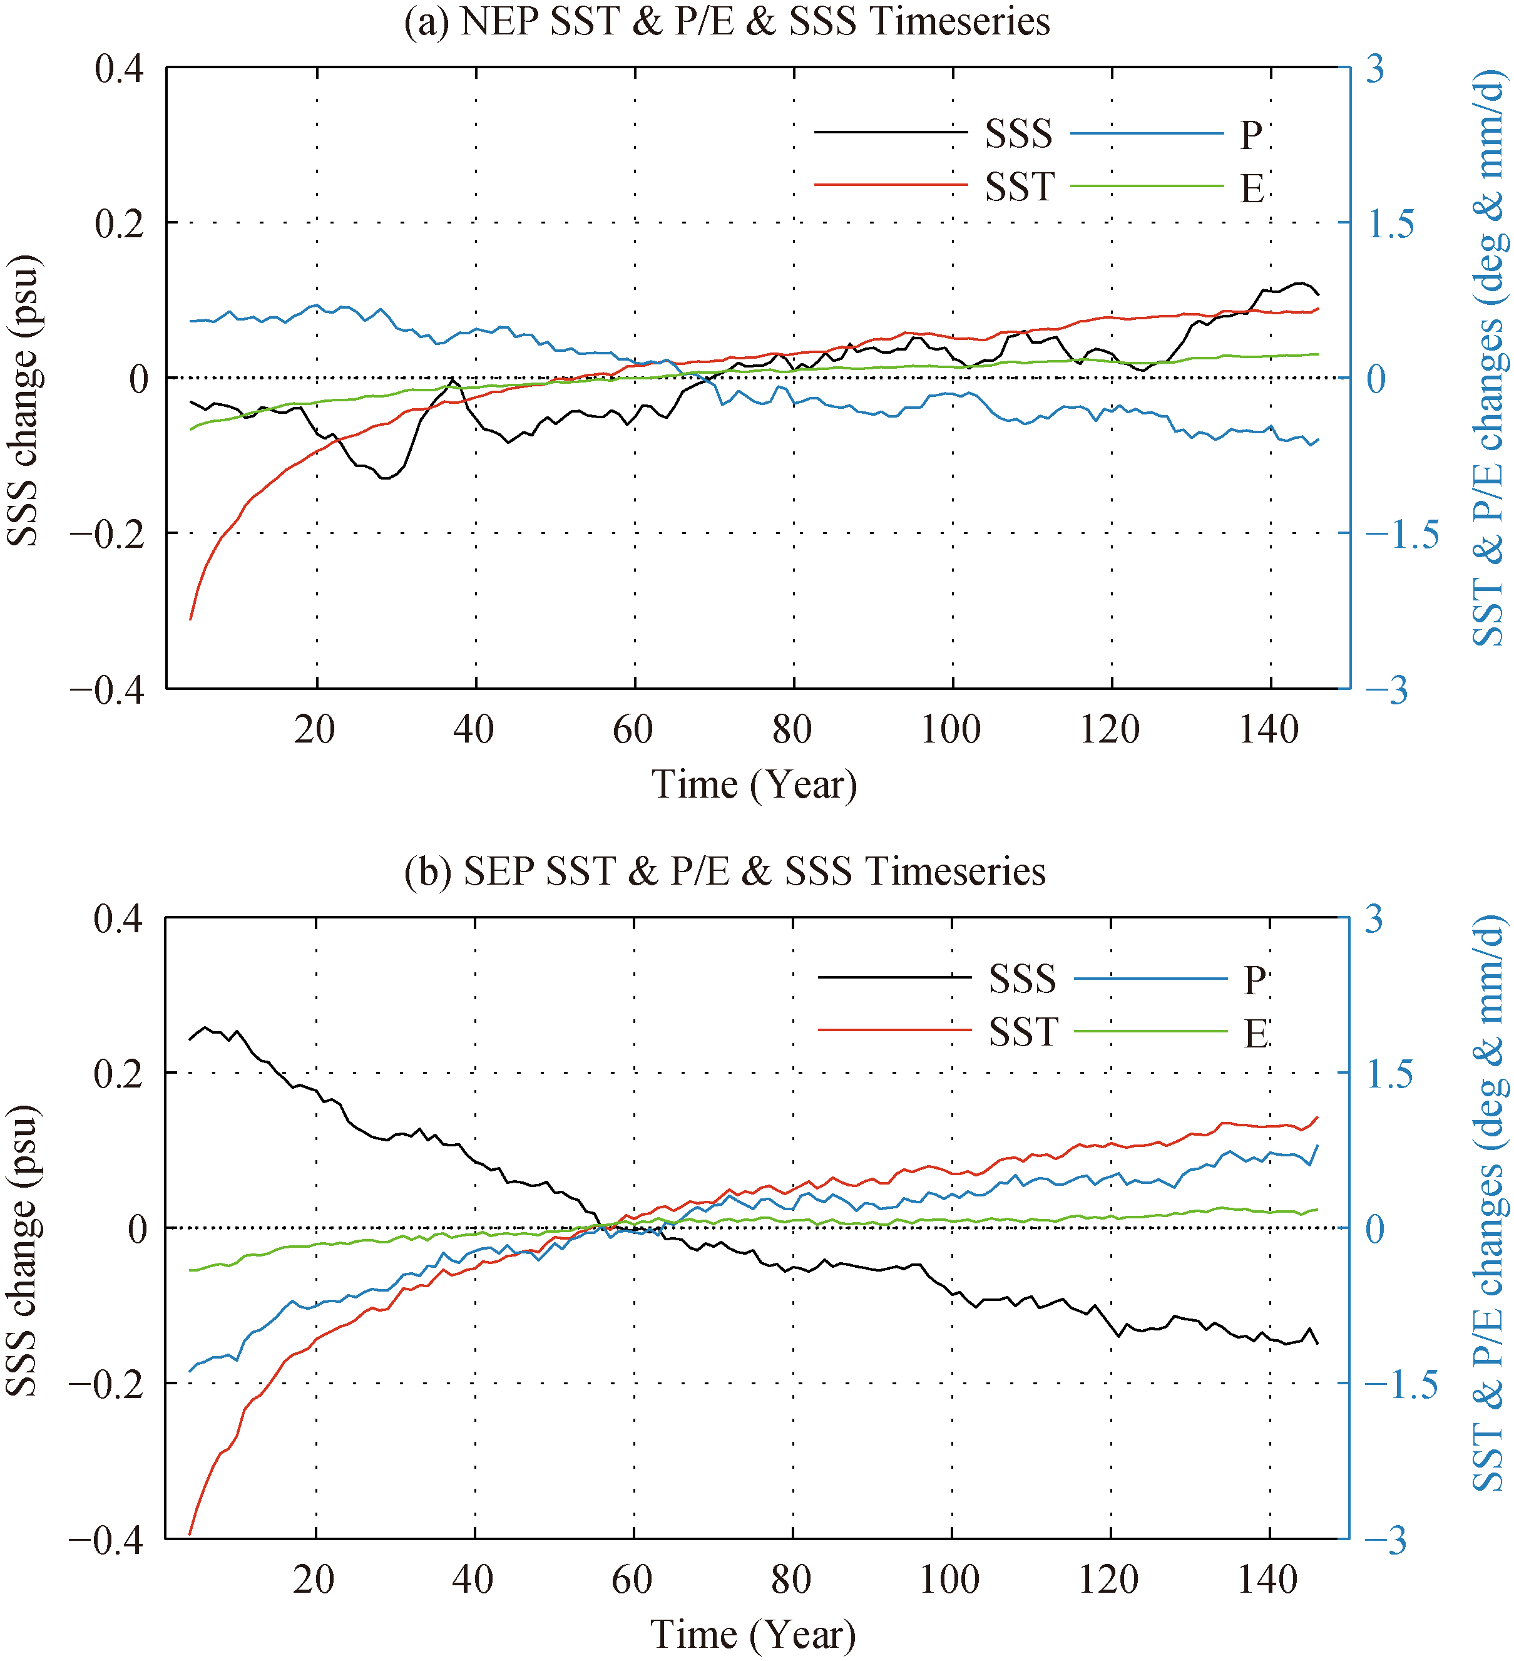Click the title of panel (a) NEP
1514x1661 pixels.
coord(727,23)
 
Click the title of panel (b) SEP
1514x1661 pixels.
coord(725,872)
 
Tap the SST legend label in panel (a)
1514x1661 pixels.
coord(1020,188)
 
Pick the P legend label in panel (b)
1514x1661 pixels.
coord(1254,980)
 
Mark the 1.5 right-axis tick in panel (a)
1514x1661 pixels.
coord(1391,224)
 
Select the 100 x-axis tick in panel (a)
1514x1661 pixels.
coord(951,730)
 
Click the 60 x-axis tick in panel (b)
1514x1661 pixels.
coord(632,1580)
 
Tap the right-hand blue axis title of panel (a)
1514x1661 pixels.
coord(1490,358)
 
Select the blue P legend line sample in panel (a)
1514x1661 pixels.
coord(1147,133)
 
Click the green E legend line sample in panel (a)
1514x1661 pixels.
coord(1147,186)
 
